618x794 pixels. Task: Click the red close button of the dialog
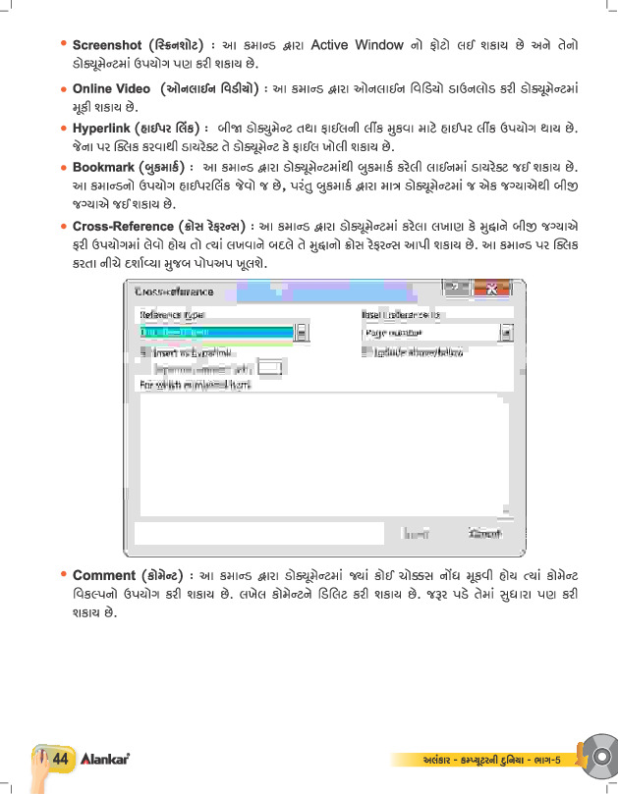click(x=490, y=289)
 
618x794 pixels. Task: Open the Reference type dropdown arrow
click(x=301, y=333)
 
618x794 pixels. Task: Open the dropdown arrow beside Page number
click(x=506, y=333)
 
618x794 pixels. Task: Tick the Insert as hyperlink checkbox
click(x=144, y=351)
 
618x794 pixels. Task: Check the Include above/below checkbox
click(x=366, y=351)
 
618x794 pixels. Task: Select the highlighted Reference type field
click(x=216, y=333)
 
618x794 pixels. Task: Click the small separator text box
click(x=269, y=368)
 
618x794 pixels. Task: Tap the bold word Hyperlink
click(x=105, y=129)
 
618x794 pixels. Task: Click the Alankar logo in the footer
click(x=106, y=760)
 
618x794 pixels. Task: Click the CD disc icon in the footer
click(x=597, y=756)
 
